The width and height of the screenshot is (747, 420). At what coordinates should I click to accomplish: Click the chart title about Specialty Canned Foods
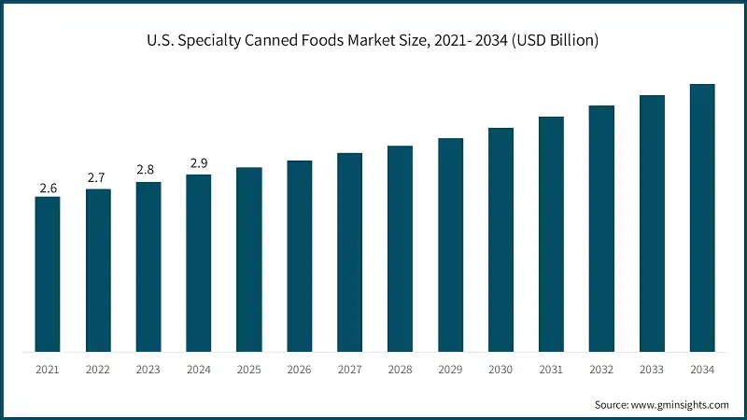click(373, 40)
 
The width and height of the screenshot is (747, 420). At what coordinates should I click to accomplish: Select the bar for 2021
click(48, 274)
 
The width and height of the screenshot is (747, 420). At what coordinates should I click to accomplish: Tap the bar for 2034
click(702, 218)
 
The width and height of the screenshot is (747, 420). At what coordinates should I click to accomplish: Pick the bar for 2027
click(349, 253)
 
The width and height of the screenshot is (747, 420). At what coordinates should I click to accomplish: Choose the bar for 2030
click(500, 240)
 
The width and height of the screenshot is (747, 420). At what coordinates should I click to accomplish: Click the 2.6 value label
click(48, 189)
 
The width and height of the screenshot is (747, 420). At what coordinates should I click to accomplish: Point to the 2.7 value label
click(98, 177)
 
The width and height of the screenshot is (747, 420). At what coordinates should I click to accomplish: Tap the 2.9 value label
click(199, 163)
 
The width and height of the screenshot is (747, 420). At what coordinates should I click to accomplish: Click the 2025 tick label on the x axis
click(248, 371)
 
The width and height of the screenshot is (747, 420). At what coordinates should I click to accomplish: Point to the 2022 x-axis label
click(98, 371)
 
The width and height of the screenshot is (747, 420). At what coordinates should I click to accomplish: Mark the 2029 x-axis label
click(450, 371)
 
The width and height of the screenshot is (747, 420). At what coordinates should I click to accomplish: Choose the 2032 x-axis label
click(601, 371)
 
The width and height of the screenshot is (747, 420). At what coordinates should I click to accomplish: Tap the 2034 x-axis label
click(702, 371)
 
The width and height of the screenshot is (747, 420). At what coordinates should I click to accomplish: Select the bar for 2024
click(199, 263)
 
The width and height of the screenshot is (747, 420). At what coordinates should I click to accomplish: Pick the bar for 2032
click(601, 229)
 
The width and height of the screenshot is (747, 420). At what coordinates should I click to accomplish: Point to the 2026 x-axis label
click(299, 371)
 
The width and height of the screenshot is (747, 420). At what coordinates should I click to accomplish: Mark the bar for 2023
click(148, 267)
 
